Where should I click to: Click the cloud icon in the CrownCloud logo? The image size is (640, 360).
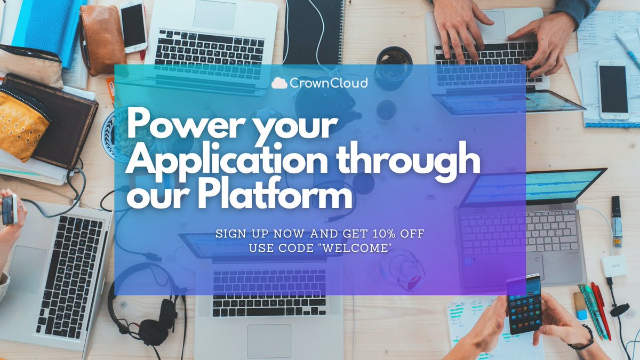tap(279, 83)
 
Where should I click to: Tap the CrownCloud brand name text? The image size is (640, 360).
tap(328, 83)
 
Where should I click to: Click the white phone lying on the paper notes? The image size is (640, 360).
tap(613, 89)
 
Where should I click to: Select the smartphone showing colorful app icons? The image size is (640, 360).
tap(524, 304)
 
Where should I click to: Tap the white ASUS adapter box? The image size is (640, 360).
tap(613, 265)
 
